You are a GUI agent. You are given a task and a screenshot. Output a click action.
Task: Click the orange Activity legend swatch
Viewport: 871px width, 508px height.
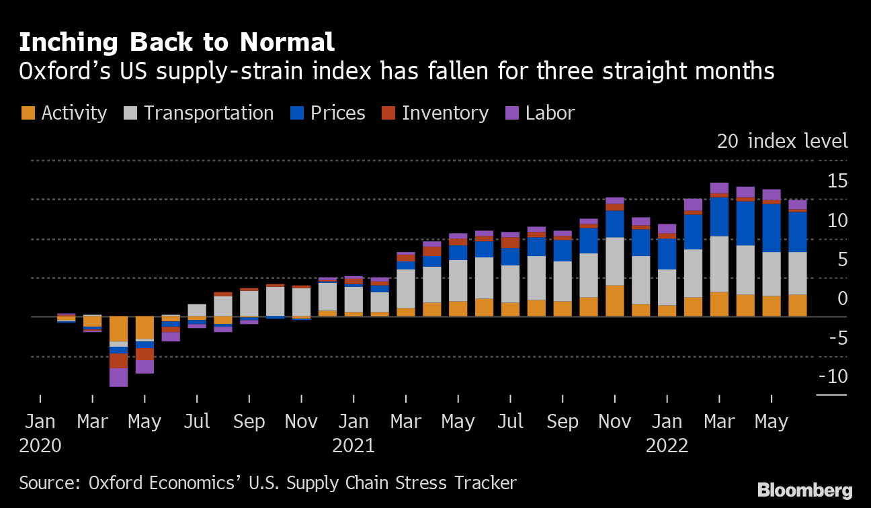pos(28,113)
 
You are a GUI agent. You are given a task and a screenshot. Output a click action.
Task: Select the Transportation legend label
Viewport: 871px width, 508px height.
pos(208,113)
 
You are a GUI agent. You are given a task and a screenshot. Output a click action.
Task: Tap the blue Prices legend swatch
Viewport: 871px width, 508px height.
pos(297,113)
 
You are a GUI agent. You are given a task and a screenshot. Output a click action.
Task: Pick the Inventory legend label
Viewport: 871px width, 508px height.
pos(445,113)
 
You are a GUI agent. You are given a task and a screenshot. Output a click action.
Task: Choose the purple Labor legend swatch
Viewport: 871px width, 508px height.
pos(512,113)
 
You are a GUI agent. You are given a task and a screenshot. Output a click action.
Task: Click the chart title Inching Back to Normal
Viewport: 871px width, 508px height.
pos(177,43)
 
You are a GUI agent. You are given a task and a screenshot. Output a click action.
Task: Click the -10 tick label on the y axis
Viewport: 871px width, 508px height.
pos(833,376)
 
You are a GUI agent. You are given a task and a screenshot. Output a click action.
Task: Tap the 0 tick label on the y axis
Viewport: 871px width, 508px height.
pos(841,298)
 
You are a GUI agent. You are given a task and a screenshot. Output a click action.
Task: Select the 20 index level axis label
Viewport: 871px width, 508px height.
pos(782,142)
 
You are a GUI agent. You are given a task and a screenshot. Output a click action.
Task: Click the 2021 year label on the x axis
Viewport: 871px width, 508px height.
pos(354,446)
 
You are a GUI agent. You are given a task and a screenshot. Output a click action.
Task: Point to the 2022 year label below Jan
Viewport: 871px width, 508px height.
pos(667,446)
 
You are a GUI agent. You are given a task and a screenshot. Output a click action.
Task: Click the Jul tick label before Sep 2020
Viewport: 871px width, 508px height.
pos(197,422)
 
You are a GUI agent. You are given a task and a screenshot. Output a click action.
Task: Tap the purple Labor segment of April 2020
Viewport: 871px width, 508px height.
pos(119,377)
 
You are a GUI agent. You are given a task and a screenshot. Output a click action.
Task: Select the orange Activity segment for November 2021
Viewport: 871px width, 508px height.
pos(615,301)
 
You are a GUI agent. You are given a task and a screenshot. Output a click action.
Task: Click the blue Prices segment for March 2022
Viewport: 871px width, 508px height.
pos(719,216)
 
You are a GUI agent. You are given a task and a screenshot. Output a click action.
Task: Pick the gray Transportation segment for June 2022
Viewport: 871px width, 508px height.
pos(798,273)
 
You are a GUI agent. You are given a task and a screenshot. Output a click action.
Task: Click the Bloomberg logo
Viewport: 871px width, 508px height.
pos(804,491)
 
